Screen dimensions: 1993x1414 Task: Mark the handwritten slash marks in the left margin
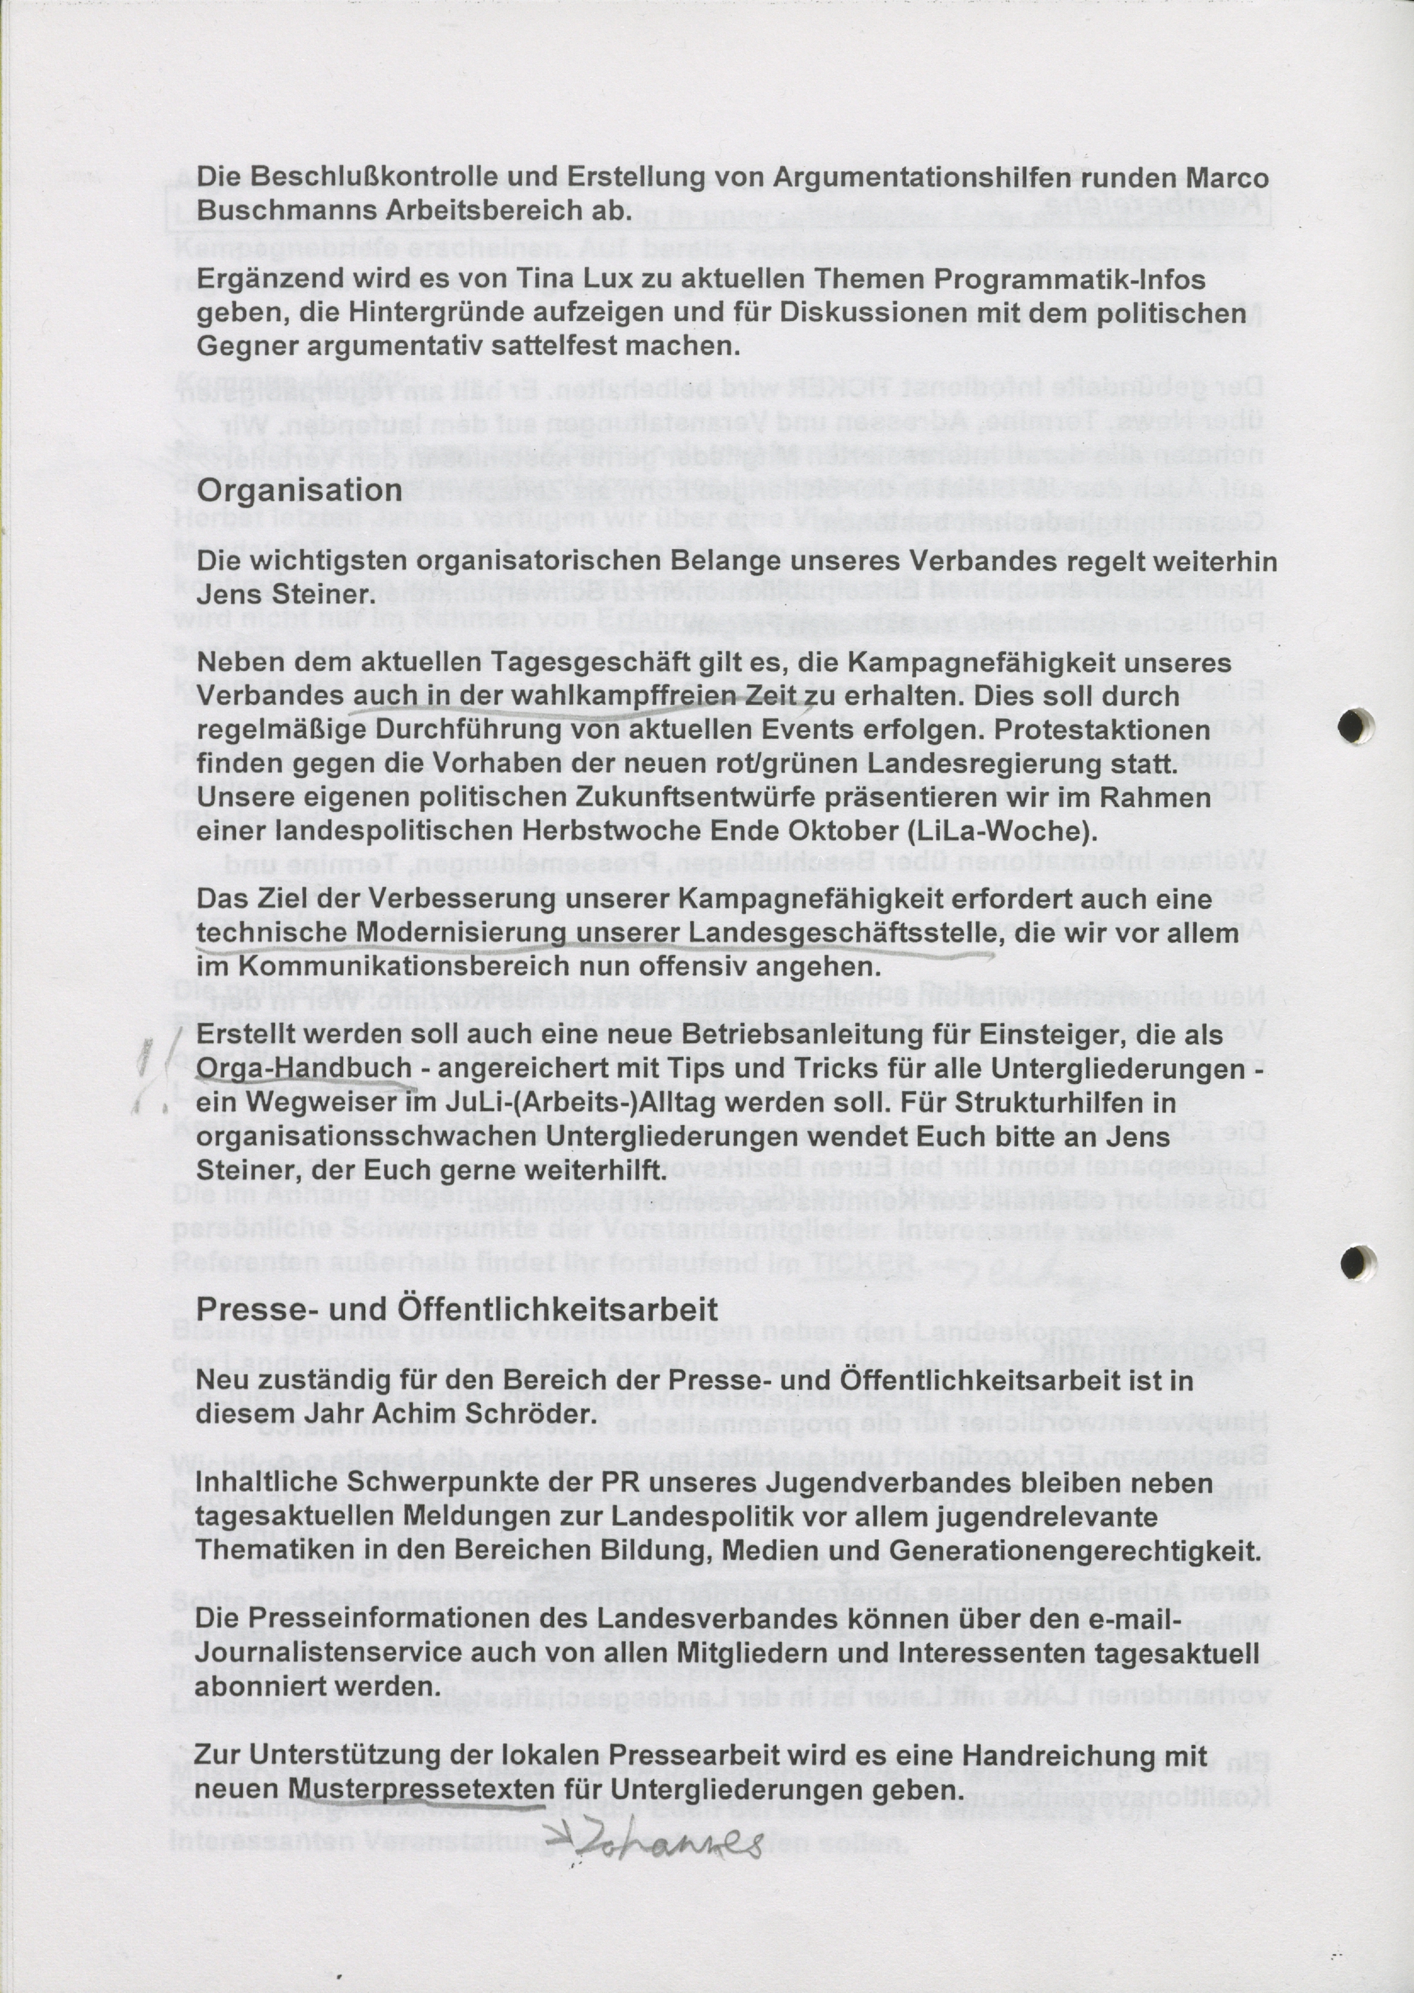coord(153,1068)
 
